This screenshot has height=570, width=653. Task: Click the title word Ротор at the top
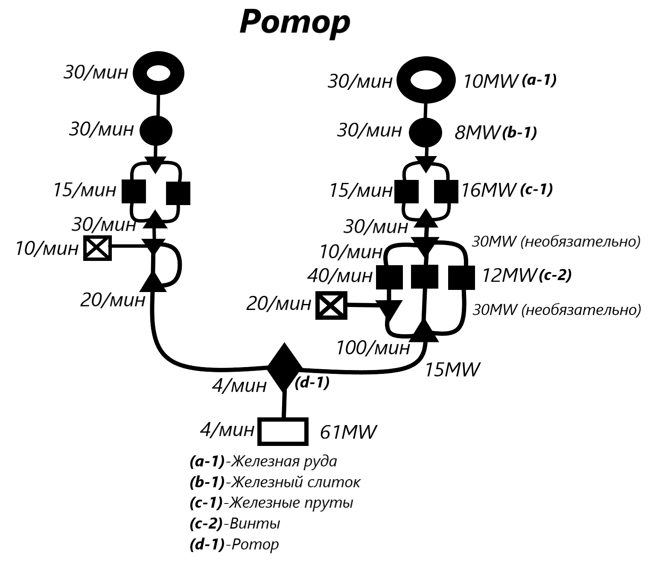tap(294, 22)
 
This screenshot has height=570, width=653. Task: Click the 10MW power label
tap(490, 81)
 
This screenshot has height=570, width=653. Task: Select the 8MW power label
tap(477, 133)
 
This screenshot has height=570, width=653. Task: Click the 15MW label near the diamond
tap(452, 370)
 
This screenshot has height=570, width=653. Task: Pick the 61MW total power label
tap(348, 432)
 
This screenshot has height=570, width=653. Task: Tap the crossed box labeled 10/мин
tap(97, 248)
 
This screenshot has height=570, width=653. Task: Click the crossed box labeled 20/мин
tap(331, 305)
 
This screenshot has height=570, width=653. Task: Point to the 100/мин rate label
tap(373, 348)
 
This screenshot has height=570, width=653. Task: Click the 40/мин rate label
tap(340, 276)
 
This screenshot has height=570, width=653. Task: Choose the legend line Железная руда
tap(263, 461)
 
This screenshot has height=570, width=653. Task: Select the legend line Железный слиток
tap(275, 482)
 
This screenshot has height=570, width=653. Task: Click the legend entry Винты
tap(235, 524)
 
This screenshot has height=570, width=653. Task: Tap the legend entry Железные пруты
tap(271, 503)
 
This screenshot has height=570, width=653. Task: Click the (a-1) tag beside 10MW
tap(539, 80)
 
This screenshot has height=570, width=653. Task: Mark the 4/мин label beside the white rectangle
tap(227, 430)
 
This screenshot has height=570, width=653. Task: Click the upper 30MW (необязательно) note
tap(556, 242)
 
